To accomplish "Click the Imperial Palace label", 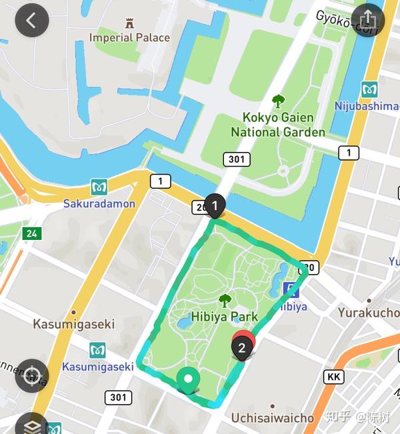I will coord(129,37).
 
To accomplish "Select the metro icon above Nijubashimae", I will coord(369,89).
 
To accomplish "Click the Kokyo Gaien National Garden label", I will coord(278,124).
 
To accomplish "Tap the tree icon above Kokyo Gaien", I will coord(278,101).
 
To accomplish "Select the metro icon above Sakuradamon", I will coord(99,187).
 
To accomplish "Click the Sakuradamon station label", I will coord(99,203).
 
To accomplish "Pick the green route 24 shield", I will coord(31,233).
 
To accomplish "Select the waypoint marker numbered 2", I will coord(243,346).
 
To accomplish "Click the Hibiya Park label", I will coord(224,317).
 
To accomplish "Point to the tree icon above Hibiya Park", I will coord(225,300).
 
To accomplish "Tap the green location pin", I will coord(189,380).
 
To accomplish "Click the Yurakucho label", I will coord(368,312).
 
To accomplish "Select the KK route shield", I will coord(334,377).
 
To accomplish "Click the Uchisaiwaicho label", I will coord(272,418).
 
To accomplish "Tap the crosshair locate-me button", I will coord(31,376).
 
